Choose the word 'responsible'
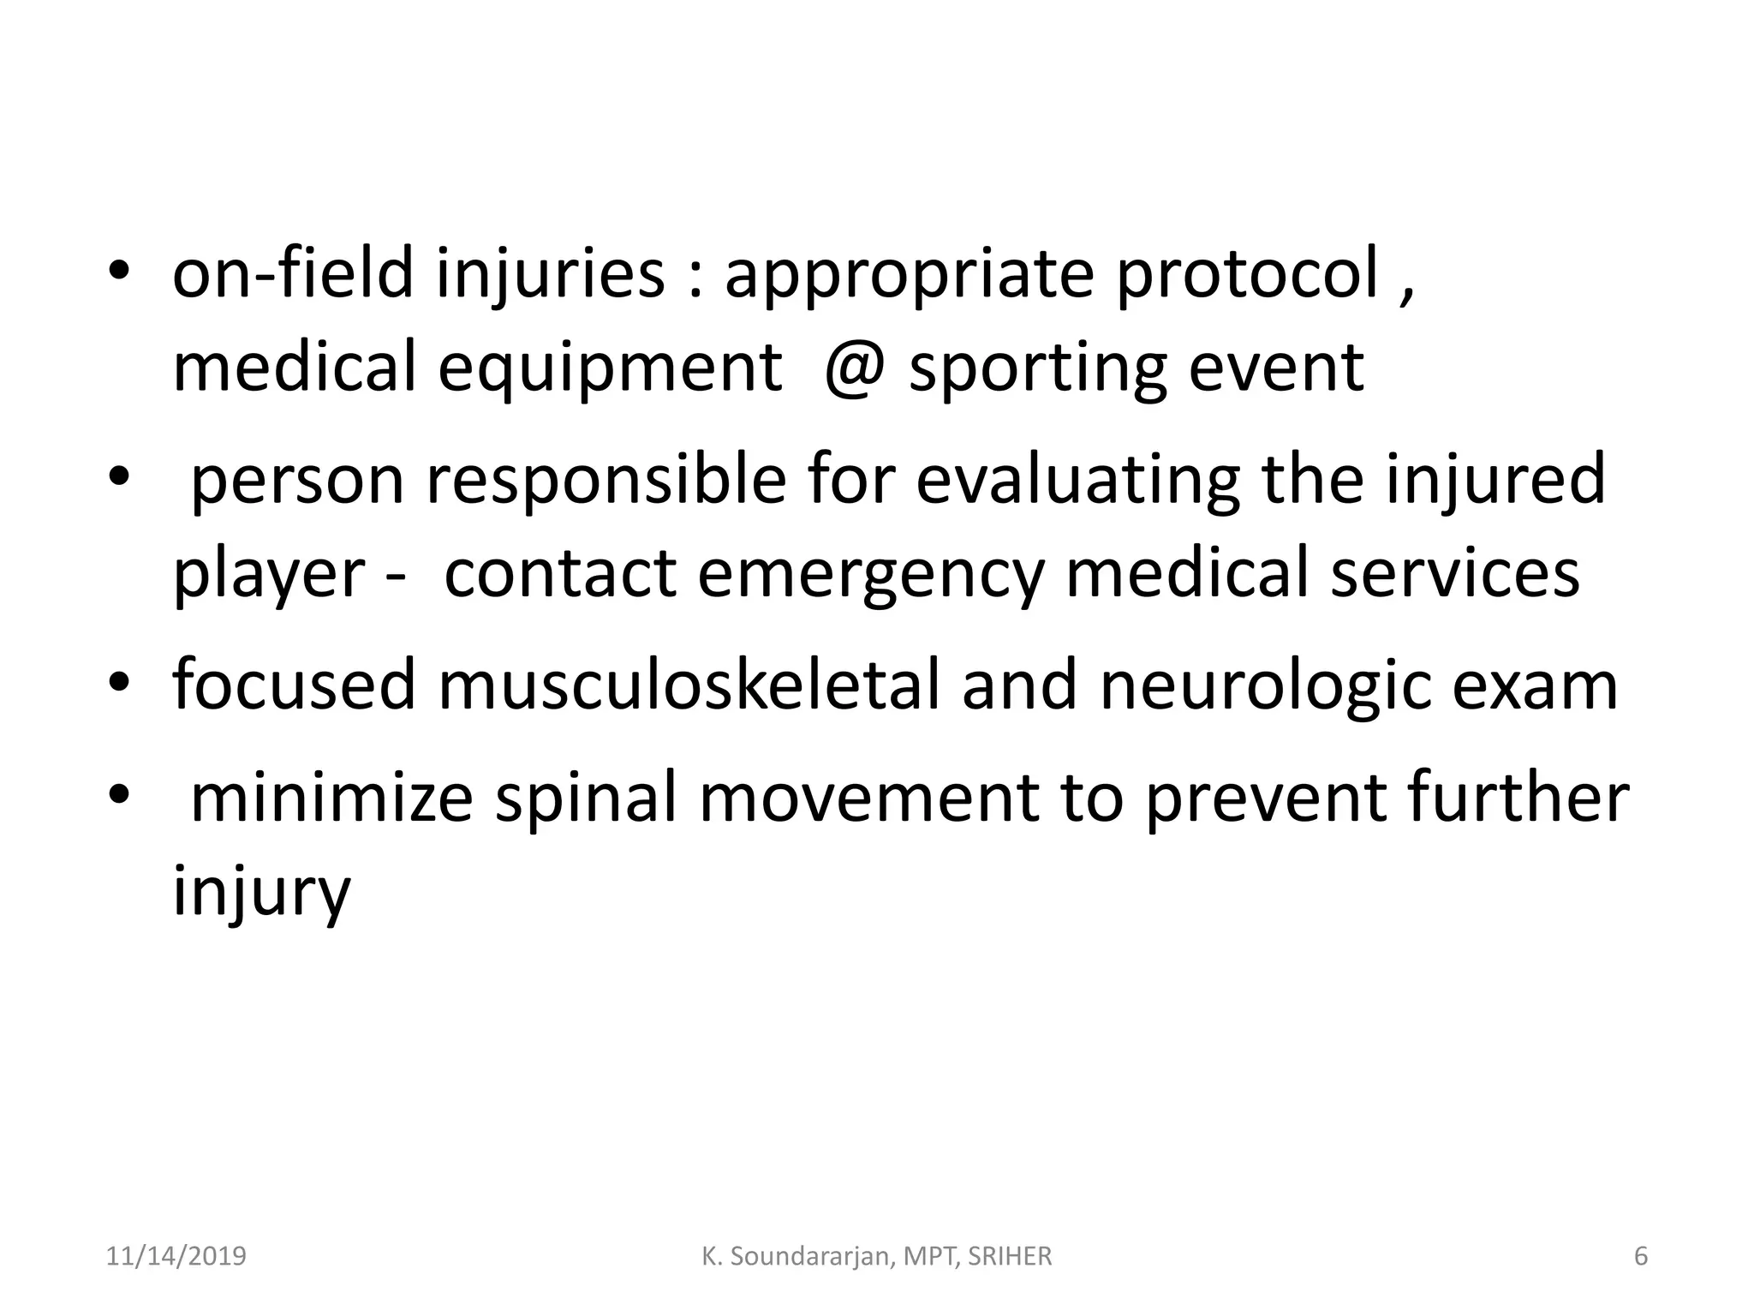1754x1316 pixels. (606, 482)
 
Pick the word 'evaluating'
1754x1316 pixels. (1077, 482)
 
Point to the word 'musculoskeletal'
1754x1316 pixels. (689, 685)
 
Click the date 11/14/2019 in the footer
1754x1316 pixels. (176, 1256)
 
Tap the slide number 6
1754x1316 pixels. (1641, 1256)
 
